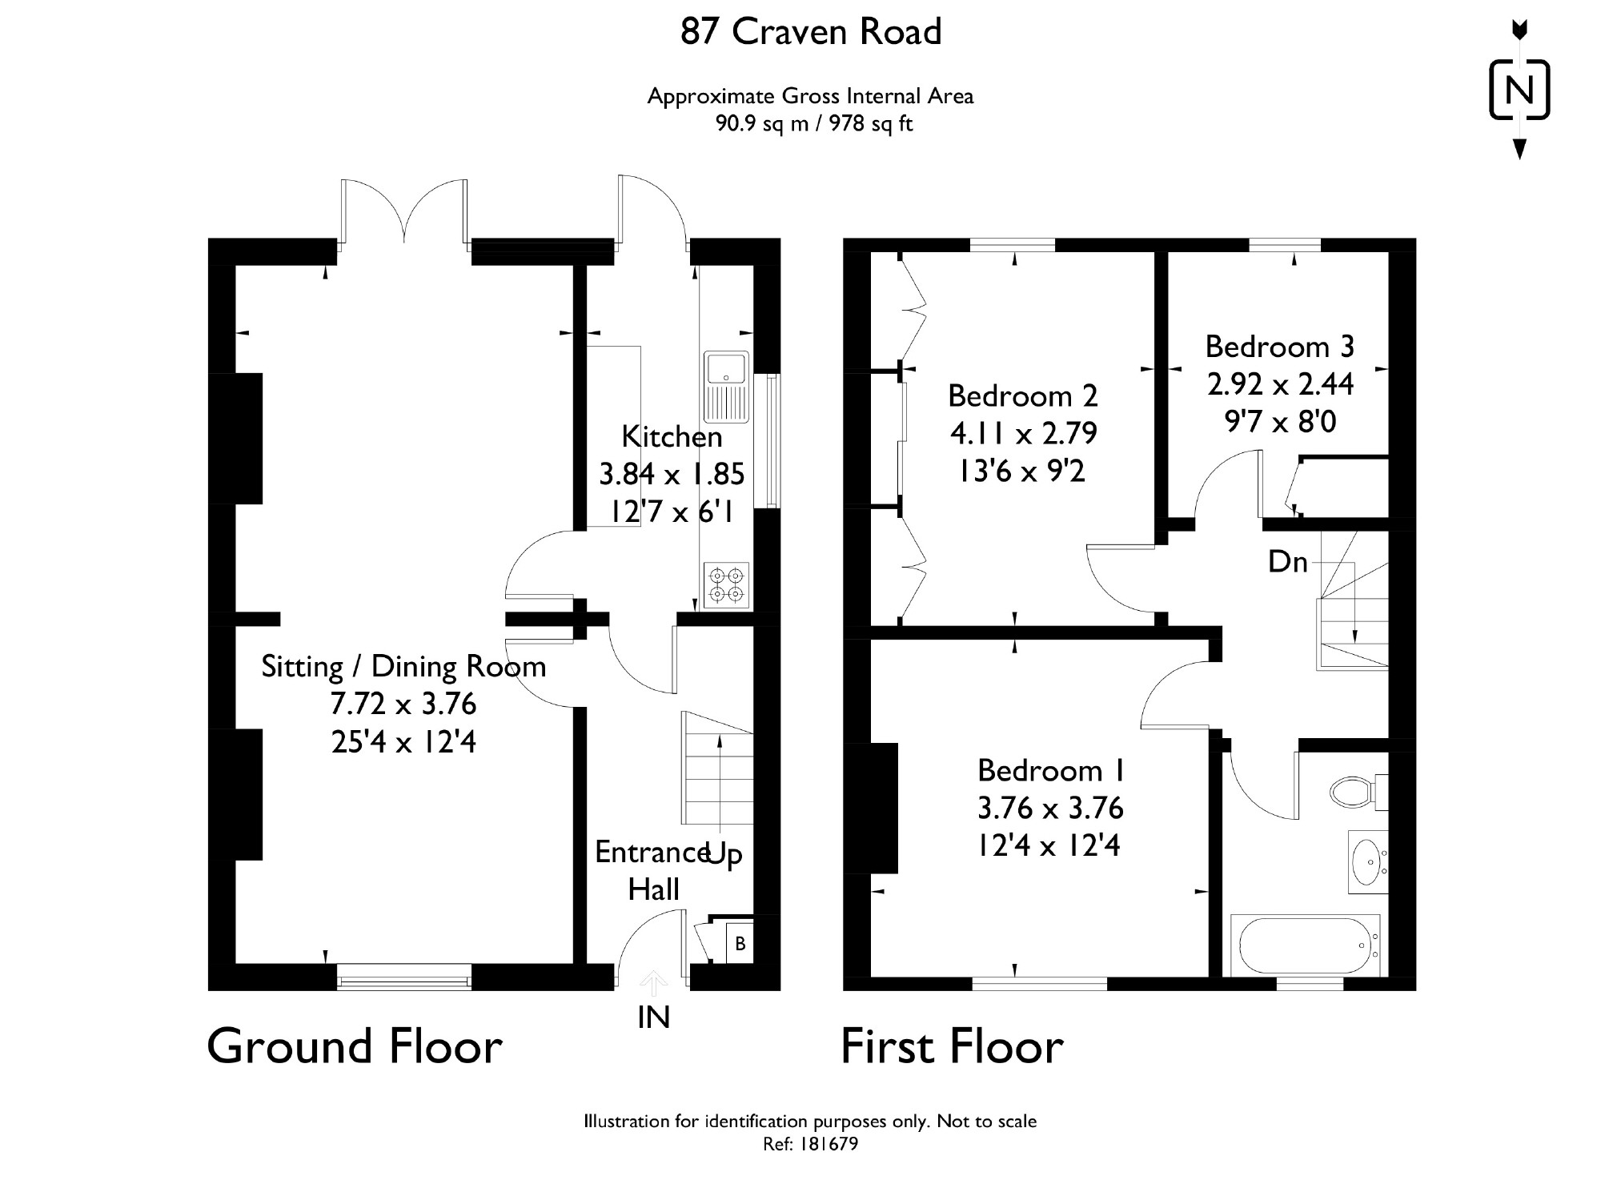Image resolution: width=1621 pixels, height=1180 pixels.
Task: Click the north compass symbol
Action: [1519, 90]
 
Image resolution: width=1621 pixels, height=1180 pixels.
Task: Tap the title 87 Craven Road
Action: [811, 32]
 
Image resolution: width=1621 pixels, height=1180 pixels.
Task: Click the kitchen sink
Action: [726, 387]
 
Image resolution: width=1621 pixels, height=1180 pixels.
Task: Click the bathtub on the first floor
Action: [1306, 945]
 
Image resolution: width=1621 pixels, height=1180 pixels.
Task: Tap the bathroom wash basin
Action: [1368, 861]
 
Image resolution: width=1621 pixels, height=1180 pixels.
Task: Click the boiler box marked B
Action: [740, 943]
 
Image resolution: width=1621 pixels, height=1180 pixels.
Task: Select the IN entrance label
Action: [654, 1017]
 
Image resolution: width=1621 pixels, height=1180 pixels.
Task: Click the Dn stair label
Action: [1288, 561]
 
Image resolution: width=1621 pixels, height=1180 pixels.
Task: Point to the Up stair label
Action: [724, 854]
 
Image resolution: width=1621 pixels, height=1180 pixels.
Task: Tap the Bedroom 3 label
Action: [1279, 347]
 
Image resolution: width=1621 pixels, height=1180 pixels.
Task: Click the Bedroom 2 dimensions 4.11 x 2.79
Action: [1023, 433]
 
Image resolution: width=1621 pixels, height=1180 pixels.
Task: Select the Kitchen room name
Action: [672, 436]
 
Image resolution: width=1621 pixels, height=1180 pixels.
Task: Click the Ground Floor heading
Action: [355, 1046]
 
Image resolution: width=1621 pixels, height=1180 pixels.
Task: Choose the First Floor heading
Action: [952, 1046]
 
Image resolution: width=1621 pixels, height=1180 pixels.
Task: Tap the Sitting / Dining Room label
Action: [403, 666]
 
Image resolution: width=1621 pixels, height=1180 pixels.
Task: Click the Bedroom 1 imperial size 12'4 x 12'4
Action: [1049, 845]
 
